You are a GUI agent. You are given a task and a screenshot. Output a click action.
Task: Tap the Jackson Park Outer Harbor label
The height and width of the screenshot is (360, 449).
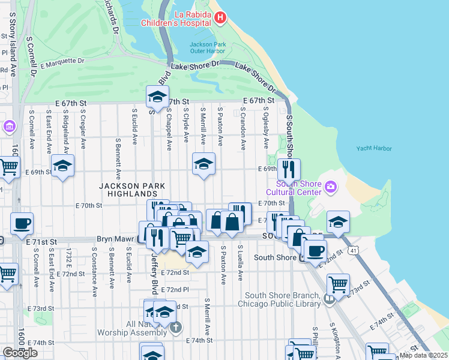click(x=207, y=48)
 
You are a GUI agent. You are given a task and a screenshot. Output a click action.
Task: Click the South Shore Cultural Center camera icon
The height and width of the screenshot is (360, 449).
click(x=330, y=188)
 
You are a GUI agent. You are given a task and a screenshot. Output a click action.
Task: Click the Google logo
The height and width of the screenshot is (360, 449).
click(x=20, y=353)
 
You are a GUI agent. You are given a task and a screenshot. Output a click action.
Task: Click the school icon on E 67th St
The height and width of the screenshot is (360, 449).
click(x=157, y=97)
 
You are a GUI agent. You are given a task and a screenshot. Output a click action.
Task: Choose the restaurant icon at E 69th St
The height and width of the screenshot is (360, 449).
click(x=289, y=169)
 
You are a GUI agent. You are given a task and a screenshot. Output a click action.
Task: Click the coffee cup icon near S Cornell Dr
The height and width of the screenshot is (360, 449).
click(x=22, y=223)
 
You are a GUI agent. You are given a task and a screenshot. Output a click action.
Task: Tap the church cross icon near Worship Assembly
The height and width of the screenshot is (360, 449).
click(x=175, y=327)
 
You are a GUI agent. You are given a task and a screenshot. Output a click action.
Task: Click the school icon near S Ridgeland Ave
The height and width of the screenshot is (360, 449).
click(x=62, y=166)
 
